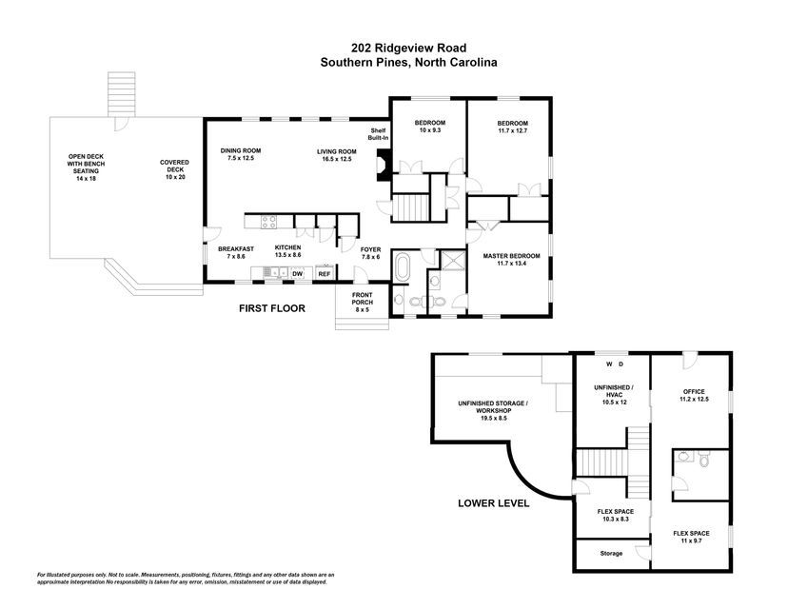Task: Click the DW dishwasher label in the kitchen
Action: [x=298, y=274]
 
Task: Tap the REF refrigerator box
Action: [x=325, y=273]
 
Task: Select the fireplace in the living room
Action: [x=383, y=166]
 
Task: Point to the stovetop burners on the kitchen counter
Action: [x=268, y=222]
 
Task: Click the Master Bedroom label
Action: [x=512, y=259]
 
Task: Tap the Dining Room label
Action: [x=241, y=154]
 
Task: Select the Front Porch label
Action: [x=363, y=302]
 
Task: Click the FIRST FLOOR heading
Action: [x=272, y=308]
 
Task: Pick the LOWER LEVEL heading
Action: [x=494, y=503]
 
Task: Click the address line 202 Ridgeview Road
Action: [x=408, y=48]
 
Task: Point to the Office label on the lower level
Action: [x=694, y=396]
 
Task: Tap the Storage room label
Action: [x=611, y=553]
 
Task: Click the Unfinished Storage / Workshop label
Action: [x=493, y=410]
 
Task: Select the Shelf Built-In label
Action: [x=378, y=133]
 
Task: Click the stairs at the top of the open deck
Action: [x=122, y=94]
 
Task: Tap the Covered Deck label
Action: [x=174, y=169]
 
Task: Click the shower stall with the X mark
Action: [x=453, y=260]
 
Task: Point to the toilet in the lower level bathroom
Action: [x=703, y=459]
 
